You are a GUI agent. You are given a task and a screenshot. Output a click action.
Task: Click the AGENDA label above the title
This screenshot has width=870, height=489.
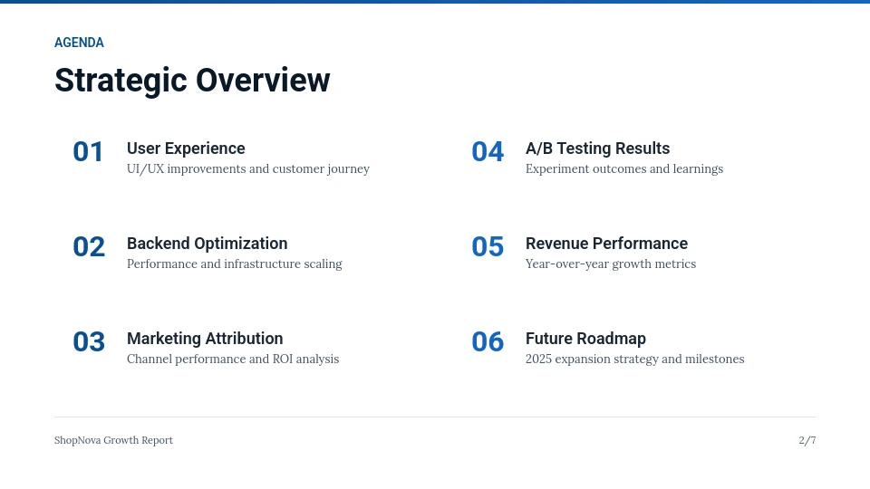pyautogui.click(x=79, y=43)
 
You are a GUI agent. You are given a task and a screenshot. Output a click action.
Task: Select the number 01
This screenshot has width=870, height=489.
pyautogui.click(x=89, y=152)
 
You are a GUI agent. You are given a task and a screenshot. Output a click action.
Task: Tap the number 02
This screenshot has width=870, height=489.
pyautogui.click(x=89, y=247)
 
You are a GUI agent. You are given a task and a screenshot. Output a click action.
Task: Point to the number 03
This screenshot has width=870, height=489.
pyautogui.click(x=89, y=342)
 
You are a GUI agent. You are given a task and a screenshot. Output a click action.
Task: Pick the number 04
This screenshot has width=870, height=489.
pyautogui.click(x=488, y=152)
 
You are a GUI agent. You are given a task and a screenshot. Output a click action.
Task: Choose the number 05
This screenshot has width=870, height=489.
pyautogui.click(x=488, y=247)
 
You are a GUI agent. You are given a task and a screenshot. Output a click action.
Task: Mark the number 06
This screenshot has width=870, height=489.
pyautogui.click(x=488, y=342)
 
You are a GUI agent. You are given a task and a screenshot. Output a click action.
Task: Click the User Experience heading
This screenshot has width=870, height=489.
pyautogui.click(x=186, y=149)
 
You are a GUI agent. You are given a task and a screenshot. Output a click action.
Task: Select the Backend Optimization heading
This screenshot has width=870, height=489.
pyautogui.click(x=207, y=244)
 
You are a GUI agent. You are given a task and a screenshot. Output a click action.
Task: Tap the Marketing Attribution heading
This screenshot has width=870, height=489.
pyautogui.click(x=205, y=339)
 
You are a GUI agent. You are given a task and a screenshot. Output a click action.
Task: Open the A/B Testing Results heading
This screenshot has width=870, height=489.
pyautogui.click(x=597, y=149)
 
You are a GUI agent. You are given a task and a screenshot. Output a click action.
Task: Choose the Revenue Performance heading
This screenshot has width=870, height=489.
pyautogui.click(x=606, y=244)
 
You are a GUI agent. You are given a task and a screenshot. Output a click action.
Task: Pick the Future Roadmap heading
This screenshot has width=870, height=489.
pyautogui.click(x=585, y=339)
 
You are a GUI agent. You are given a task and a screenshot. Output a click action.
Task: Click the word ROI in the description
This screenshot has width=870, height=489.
pyautogui.click(x=285, y=360)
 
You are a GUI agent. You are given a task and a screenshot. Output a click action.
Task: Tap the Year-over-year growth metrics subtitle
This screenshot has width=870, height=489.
pyautogui.click(x=611, y=264)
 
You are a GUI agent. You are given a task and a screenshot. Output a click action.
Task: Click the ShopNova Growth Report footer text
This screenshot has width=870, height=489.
pyautogui.click(x=113, y=440)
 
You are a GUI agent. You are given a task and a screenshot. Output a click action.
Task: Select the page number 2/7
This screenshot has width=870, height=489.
pyautogui.click(x=807, y=440)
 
